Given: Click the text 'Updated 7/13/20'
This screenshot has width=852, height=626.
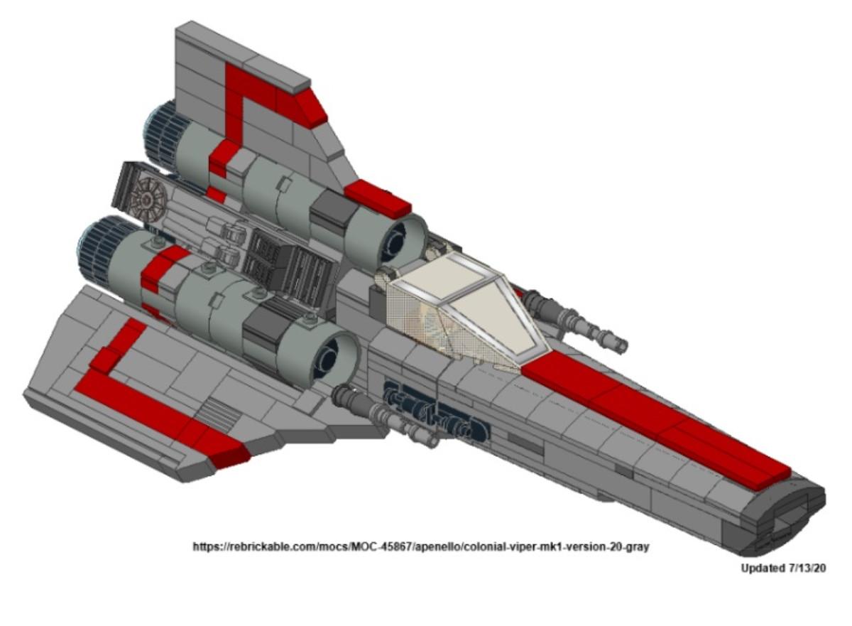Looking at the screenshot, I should pos(782,568).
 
